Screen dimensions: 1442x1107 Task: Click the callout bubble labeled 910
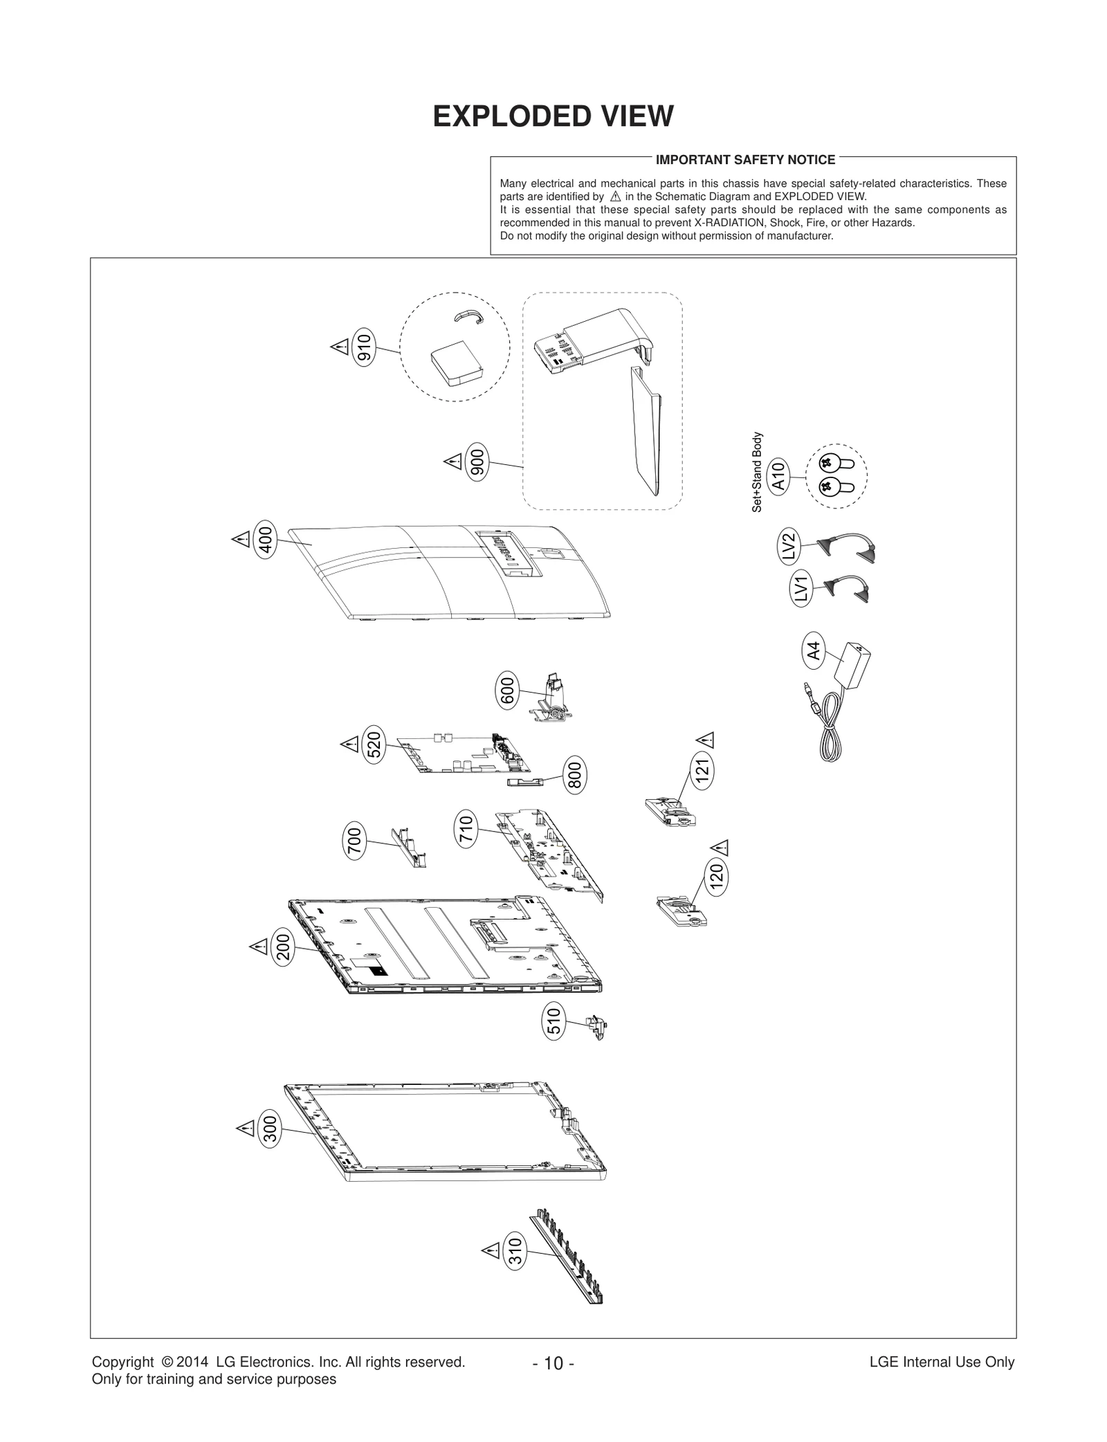click(x=364, y=347)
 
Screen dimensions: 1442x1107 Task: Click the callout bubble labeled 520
click(x=374, y=745)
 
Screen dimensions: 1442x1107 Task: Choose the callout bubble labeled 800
click(x=575, y=774)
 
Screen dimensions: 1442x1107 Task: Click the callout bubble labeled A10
click(x=778, y=477)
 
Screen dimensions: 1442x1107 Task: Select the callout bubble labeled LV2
click(x=789, y=546)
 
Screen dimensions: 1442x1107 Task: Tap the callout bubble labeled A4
click(x=814, y=650)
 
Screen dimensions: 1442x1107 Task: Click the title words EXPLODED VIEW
click(x=553, y=116)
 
